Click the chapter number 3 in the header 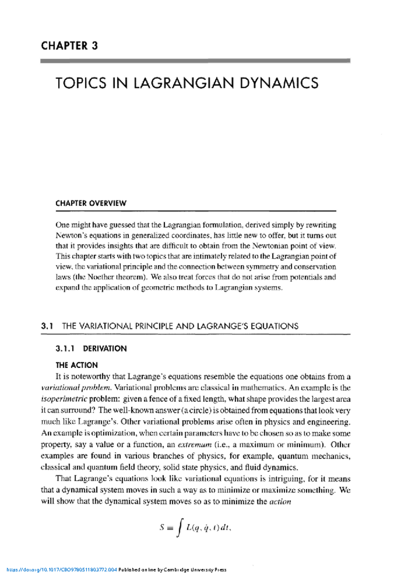pos(95,46)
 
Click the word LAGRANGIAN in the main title pos(183,83)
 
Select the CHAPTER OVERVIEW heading pos(91,203)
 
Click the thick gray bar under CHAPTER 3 pos(195,61)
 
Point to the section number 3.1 pos(47,326)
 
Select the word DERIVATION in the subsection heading pos(105,349)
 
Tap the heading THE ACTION pos(77,365)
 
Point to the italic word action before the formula pos(280,501)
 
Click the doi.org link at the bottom pos(62,570)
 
